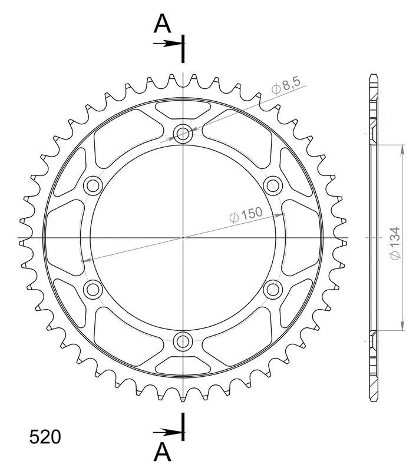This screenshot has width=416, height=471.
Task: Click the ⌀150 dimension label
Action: [x=246, y=215]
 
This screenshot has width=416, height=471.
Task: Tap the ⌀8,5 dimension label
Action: [x=286, y=85]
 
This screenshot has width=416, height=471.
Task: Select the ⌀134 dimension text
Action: [x=395, y=243]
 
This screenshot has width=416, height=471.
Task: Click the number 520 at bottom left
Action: [x=45, y=437]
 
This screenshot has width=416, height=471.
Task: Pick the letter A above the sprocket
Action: [x=162, y=24]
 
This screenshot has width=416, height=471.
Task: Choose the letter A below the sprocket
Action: [x=162, y=452]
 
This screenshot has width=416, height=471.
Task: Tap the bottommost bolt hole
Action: [x=183, y=341]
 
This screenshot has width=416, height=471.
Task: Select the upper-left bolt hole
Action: [x=93, y=185]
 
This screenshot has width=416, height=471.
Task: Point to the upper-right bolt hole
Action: [x=273, y=185]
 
